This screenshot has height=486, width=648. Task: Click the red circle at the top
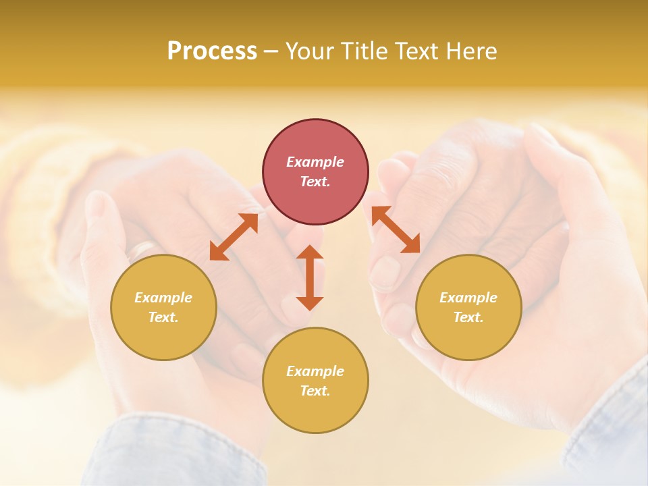pos(315,172)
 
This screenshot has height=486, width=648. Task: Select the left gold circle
pos(163,308)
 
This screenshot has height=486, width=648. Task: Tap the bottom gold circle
pos(315,380)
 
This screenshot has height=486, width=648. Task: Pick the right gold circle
pos(468,308)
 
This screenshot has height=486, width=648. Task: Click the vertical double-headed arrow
pos(310,277)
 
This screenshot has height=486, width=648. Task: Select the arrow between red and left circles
pos(234,237)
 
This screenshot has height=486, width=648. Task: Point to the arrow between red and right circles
pos(396,230)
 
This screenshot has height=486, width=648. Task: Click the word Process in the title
pos(212,51)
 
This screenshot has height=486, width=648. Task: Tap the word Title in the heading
pos(362,51)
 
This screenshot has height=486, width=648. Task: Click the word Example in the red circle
pos(315,162)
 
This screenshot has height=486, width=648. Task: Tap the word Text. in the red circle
pos(315,182)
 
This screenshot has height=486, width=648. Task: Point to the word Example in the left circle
pos(163,298)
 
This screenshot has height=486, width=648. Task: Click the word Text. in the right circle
pos(468,317)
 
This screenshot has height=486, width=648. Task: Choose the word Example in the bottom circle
pos(315,371)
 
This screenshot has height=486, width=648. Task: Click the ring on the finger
pos(141,249)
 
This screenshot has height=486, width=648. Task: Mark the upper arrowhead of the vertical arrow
pos(310,253)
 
